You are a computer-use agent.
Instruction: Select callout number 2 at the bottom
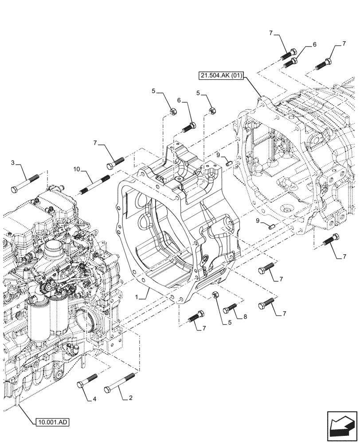(x=130, y=398)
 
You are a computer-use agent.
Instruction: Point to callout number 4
(x=94, y=399)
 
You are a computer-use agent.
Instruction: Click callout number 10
(x=76, y=169)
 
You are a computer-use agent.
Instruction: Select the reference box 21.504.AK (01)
(x=221, y=76)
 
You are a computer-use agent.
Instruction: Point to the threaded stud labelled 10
(x=94, y=185)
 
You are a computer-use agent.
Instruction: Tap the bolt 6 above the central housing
(x=188, y=128)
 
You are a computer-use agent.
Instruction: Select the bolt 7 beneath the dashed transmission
(x=331, y=240)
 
